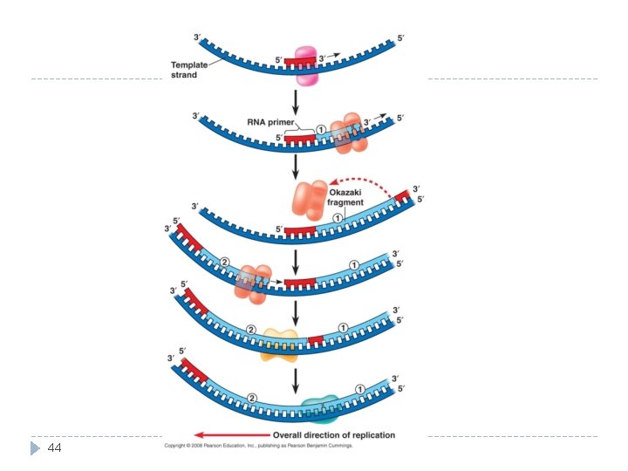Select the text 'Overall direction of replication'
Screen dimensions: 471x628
pyautogui.click(x=334, y=434)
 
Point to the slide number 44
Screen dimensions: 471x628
pyautogui.click(x=54, y=447)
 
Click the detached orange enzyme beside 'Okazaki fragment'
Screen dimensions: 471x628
pyautogui.click(x=309, y=201)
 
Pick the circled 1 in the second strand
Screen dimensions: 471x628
pyautogui.click(x=321, y=130)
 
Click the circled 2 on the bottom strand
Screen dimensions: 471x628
pyautogui.click(x=253, y=398)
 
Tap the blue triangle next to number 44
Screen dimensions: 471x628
pyautogui.click(x=35, y=448)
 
